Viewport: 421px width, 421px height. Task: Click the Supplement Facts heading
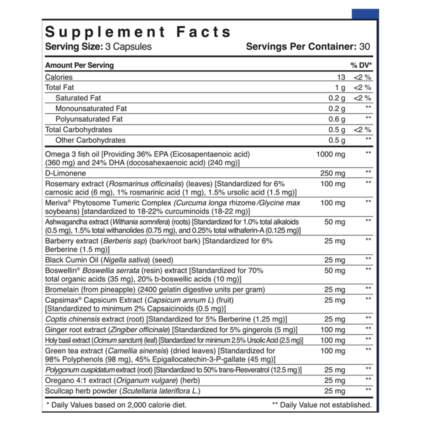(138, 32)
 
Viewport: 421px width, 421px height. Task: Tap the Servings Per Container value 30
(365, 46)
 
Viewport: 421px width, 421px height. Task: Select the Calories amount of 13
(341, 77)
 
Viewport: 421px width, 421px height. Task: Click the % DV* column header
(361, 65)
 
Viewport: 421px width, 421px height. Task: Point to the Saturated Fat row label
(78, 98)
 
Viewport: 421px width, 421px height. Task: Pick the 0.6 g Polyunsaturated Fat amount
(337, 119)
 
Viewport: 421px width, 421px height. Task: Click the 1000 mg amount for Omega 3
(330, 154)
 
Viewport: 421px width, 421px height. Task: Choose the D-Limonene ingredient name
(65, 173)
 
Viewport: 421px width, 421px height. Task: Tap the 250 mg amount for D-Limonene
(333, 173)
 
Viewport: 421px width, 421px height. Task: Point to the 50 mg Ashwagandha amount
(335, 222)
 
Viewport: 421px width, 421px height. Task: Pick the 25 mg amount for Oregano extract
(335, 381)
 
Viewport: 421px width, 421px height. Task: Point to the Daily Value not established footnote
(322, 405)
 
